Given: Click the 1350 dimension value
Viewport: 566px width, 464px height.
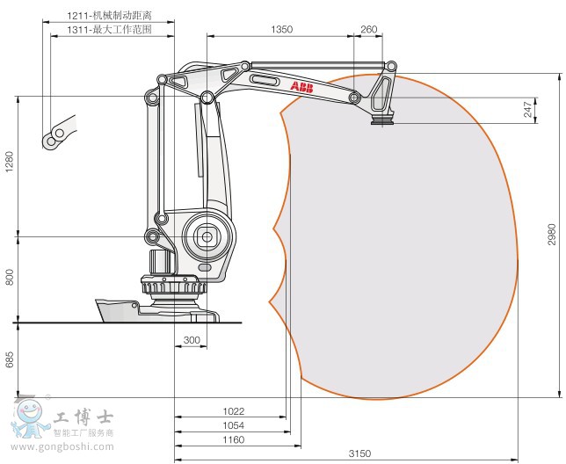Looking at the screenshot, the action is point(281,29).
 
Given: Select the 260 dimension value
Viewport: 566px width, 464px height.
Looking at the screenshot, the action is point(368,29).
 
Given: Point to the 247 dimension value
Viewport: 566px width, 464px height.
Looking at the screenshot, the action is point(528,109).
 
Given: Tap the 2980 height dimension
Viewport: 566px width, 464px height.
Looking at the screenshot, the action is point(552,235).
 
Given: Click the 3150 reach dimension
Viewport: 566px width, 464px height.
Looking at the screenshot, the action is point(359,453).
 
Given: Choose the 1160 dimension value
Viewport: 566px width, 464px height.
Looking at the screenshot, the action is point(234,439).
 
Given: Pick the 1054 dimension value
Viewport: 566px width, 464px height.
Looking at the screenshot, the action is point(234,425).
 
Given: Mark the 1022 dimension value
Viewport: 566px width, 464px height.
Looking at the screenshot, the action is point(234,411).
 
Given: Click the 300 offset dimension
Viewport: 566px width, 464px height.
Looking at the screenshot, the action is point(192,340).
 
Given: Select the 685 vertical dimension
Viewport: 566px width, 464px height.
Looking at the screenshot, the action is point(10,359).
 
